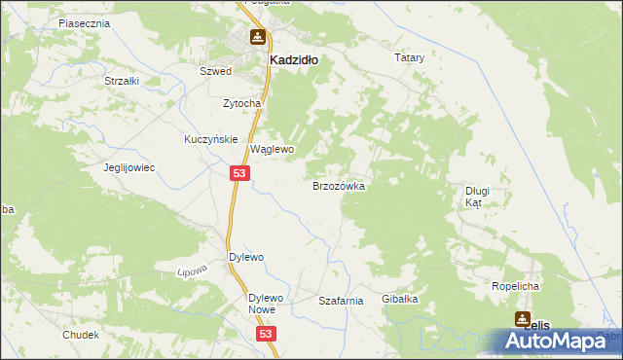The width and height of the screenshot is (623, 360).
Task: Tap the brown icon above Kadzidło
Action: point(257,38)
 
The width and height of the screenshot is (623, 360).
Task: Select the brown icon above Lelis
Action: point(521,318)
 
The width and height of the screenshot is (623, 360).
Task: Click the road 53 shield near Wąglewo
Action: point(241,172)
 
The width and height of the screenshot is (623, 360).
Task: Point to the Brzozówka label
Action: point(338,185)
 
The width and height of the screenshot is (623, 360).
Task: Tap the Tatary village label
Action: point(410,58)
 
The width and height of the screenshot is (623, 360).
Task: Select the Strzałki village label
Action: point(122,81)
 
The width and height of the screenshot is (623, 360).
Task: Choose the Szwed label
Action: point(214,72)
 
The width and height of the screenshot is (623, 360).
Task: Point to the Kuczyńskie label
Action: point(211,139)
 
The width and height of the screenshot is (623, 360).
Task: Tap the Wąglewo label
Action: point(273,150)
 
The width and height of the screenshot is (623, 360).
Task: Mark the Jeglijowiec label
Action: point(130,167)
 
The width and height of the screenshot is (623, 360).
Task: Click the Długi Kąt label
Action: point(477,198)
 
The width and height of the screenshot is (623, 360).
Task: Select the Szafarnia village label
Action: point(341,302)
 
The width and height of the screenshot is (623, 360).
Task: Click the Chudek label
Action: point(81,335)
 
